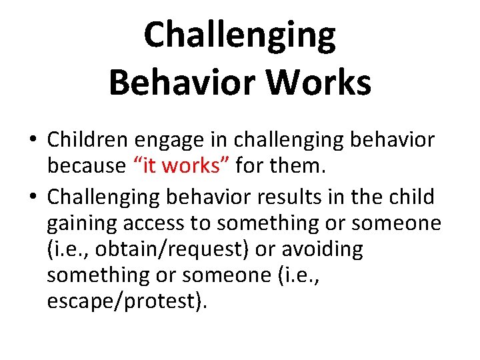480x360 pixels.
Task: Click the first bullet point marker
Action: pyautogui.click(x=33, y=140)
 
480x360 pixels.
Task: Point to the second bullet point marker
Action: pyautogui.click(x=33, y=197)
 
